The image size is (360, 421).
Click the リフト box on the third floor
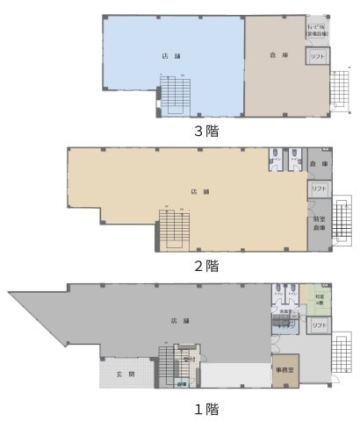316,56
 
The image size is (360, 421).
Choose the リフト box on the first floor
318,325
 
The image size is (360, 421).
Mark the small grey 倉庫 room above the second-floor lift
318,164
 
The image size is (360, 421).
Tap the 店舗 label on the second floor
200,190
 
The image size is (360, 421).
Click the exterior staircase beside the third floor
338,85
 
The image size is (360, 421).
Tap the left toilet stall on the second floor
274,159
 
